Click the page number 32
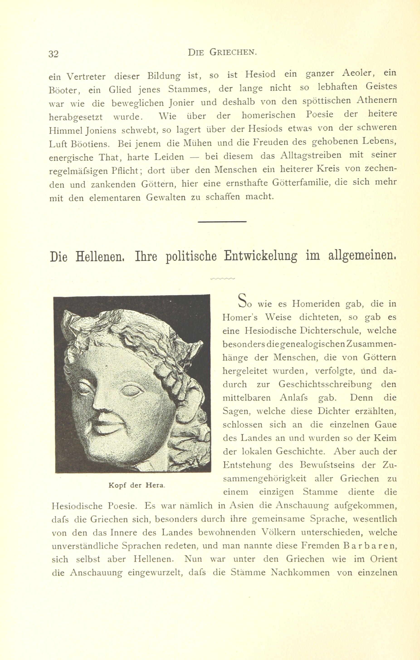tap(54, 54)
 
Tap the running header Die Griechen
tap(222, 52)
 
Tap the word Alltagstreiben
tap(311, 156)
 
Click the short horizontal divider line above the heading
tap(222, 221)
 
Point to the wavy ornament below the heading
tap(222, 278)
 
